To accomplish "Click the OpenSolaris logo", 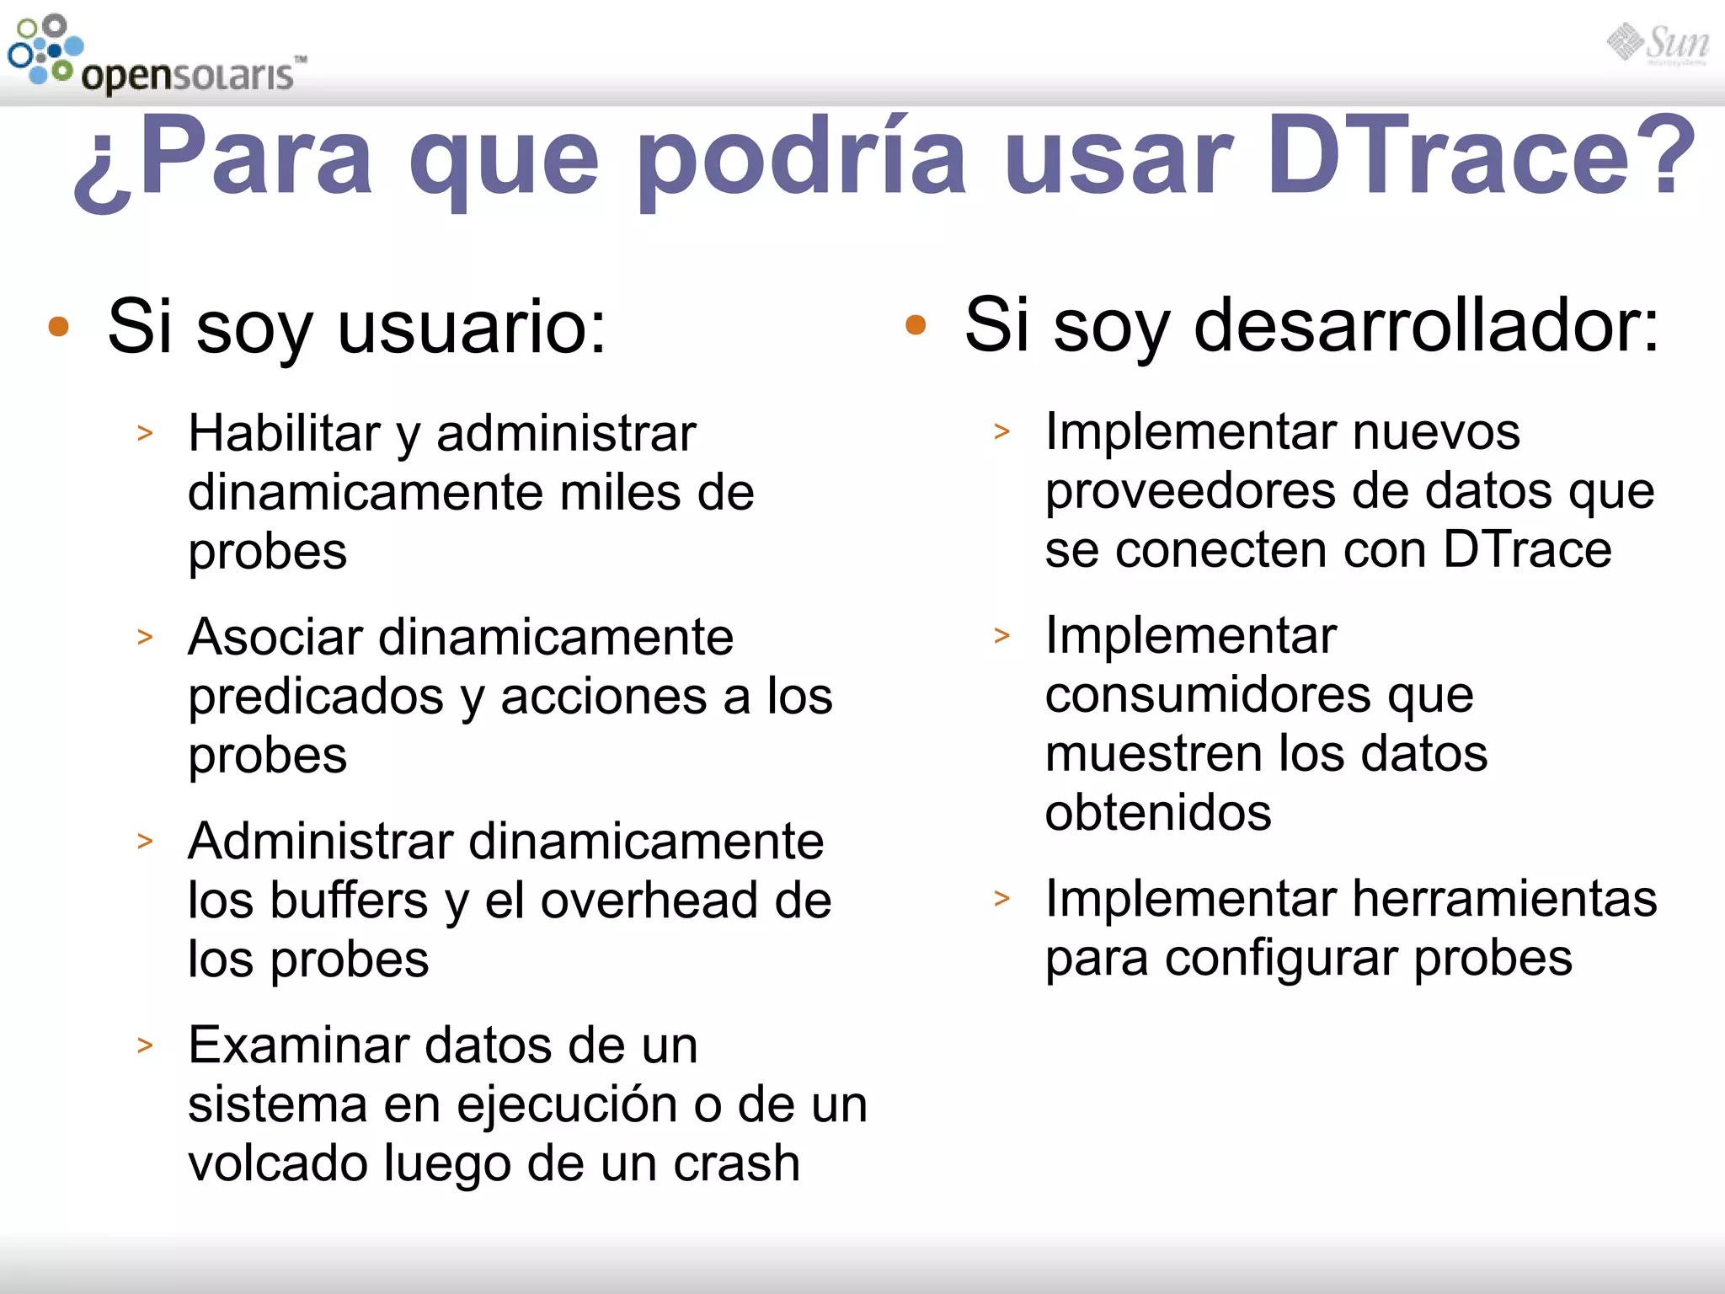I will pos(156,55).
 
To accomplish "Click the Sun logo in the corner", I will pos(1658,44).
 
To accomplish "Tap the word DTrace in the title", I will pos(1480,157).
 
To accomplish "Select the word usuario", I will pos(472,327).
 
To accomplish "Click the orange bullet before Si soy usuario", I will pos(58,328).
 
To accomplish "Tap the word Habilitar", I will pos(284,434).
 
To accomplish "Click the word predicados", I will pos(316,698).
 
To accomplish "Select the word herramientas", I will pos(1504,899).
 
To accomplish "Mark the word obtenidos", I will pos(1158,813).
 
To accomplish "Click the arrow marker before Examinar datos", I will pos(146,1045).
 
